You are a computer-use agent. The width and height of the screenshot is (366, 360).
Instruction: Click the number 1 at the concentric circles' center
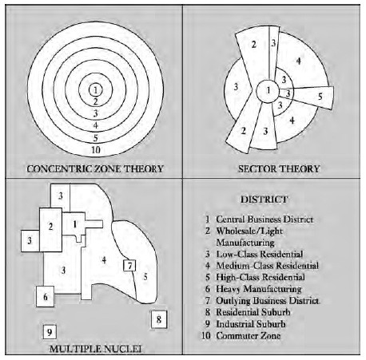pyautogui.click(x=95, y=90)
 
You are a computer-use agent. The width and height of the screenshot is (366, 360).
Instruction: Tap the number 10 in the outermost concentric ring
pyautogui.click(x=96, y=150)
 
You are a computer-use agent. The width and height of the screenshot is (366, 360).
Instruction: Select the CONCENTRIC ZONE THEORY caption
pyautogui.click(x=95, y=169)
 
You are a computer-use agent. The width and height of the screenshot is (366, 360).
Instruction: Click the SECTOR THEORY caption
pyautogui.click(x=279, y=169)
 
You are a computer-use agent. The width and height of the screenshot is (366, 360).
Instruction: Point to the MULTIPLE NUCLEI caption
pyautogui.click(x=96, y=349)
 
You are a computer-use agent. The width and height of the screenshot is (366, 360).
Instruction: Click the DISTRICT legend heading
pyautogui.click(x=264, y=200)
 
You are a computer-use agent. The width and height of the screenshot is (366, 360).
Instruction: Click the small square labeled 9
pyautogui.click(x=50, y=332)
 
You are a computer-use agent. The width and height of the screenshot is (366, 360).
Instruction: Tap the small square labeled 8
pyautogui.click(x=159, y=319)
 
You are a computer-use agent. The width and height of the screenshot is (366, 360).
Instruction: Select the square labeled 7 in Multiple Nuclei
pyautogui.click(x=129, y=266)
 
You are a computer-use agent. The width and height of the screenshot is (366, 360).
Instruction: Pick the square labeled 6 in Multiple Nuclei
pyautogui.click(x=46, y=296)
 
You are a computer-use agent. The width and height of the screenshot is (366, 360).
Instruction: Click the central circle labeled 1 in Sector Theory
pyautogui.click(x=268, y=91)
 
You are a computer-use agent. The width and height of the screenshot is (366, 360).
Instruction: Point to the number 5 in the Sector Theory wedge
pyautogui.click(x=320, y=97)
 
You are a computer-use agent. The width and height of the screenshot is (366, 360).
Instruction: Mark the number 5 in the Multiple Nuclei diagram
pyautogui.click(x=145, y=277)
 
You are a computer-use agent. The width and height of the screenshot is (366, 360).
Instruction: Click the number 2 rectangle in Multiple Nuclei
pyautogui.click(x=50, y=230)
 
